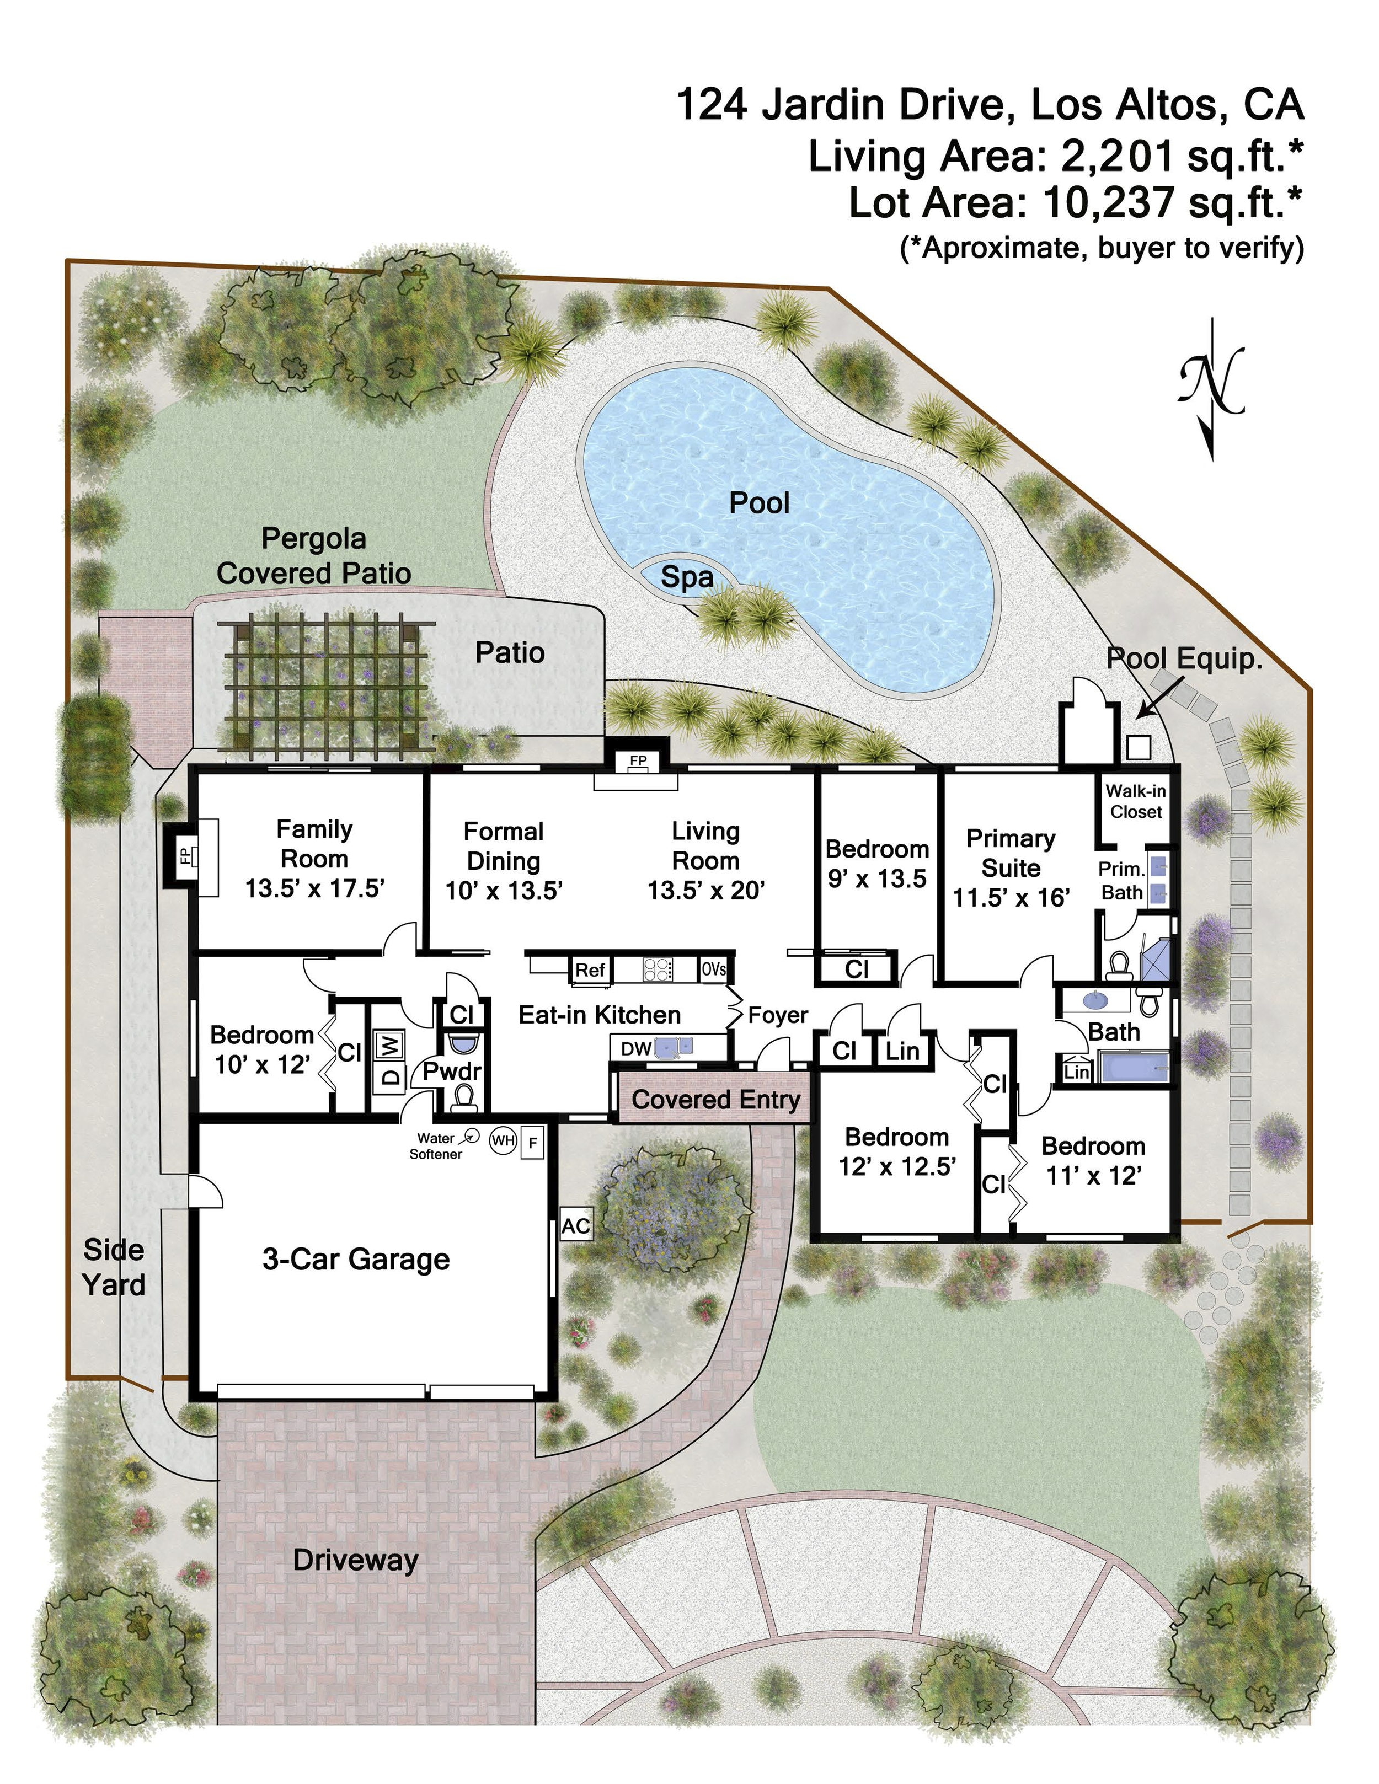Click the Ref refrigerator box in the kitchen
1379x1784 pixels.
(x=590, y=969)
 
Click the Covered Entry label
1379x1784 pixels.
(x=715, y=1100)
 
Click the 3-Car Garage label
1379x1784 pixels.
(x=356, y=1259)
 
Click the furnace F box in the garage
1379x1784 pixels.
(x=533, y=1142)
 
